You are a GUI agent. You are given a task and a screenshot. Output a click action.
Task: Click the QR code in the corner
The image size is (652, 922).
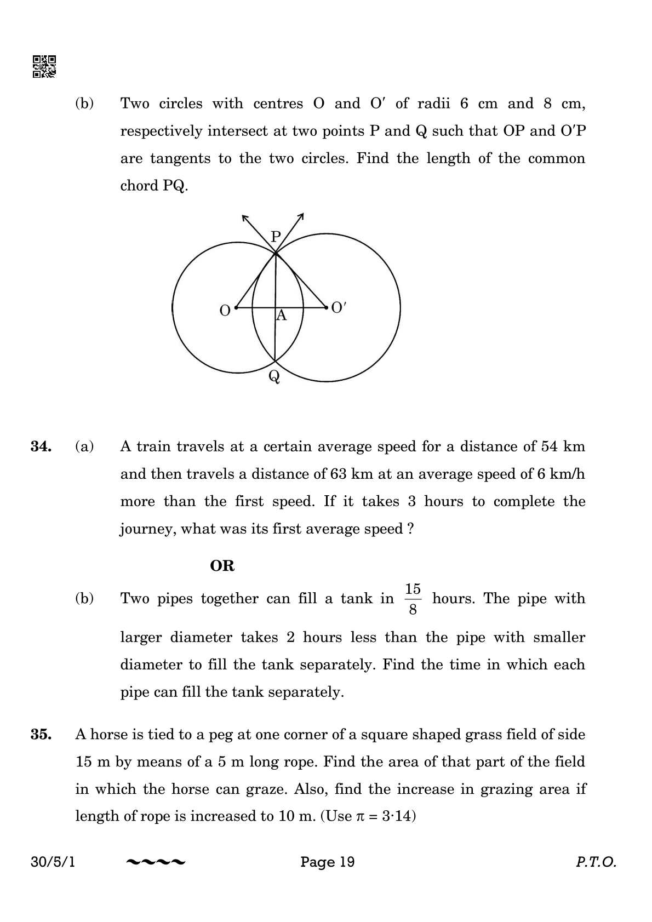tap(44, 66)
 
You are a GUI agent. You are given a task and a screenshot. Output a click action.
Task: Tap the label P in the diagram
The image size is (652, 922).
tap(276, 237)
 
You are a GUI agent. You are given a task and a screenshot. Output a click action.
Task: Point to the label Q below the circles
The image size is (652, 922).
tap(274, 376)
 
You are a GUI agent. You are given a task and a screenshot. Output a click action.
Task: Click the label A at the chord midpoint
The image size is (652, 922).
tap(281, 316)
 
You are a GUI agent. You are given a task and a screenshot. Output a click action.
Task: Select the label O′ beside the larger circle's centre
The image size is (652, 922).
tap(339, 308)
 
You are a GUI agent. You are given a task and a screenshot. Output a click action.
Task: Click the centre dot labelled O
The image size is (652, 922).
tap(236, 308)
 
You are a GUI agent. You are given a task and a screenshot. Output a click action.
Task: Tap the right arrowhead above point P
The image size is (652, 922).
tap(301, 216)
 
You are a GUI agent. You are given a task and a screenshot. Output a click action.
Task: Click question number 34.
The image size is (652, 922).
tap(41, 446)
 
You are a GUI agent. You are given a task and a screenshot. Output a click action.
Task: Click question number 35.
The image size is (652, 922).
tap(41, 735)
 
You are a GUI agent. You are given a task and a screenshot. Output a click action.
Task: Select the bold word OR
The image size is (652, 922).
tap(222, 566)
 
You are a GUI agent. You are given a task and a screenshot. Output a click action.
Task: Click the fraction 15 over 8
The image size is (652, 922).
tap(413, 599)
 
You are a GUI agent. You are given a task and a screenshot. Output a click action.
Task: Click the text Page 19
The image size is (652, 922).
tap(327, 862)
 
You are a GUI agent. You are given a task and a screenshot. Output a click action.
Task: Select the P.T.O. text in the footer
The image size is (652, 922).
tap(596, 862)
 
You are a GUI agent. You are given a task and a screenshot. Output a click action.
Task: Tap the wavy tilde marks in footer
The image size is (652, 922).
tap(156, 863)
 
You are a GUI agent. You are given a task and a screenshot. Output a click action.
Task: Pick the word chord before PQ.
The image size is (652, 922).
tap(139, 186)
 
